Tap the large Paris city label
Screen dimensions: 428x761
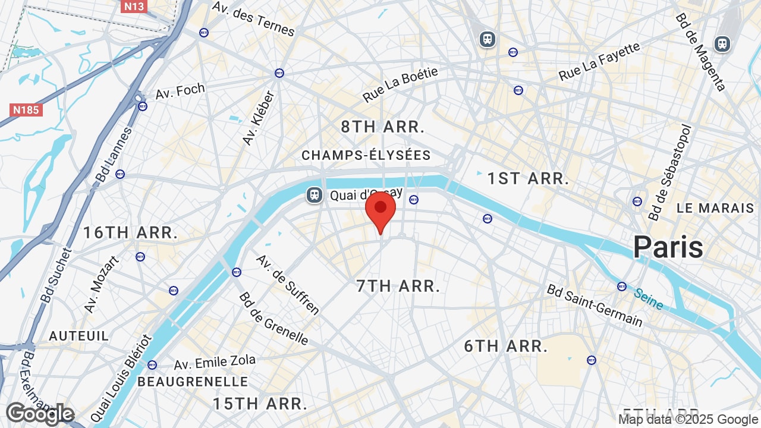tap(668, 247)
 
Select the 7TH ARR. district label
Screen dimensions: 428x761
tap(398, 286)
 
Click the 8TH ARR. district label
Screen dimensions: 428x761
tap(383, 127)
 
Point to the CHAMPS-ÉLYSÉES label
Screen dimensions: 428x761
tap(366, 156)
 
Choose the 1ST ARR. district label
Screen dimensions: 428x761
tap(528, 178)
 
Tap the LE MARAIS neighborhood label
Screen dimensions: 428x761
tap(715, 209)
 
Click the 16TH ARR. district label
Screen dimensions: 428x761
tap(130, 232)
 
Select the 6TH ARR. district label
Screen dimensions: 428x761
tap(506, 346)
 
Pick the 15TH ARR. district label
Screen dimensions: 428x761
tap(260, 404)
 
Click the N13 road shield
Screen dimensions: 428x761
tap(133, 7)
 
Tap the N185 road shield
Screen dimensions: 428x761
tap(27, 110)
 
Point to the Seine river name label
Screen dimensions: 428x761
tap(648, 298)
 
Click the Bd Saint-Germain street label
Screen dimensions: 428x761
tap(595, 306)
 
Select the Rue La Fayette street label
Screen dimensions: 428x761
tap(599, 62)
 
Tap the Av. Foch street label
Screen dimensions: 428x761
tap(180, 92)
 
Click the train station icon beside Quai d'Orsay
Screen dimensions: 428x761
tap(314, 194)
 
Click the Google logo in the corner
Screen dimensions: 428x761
tap(40, 414)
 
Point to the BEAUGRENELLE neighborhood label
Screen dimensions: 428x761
tap(193, 382)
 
